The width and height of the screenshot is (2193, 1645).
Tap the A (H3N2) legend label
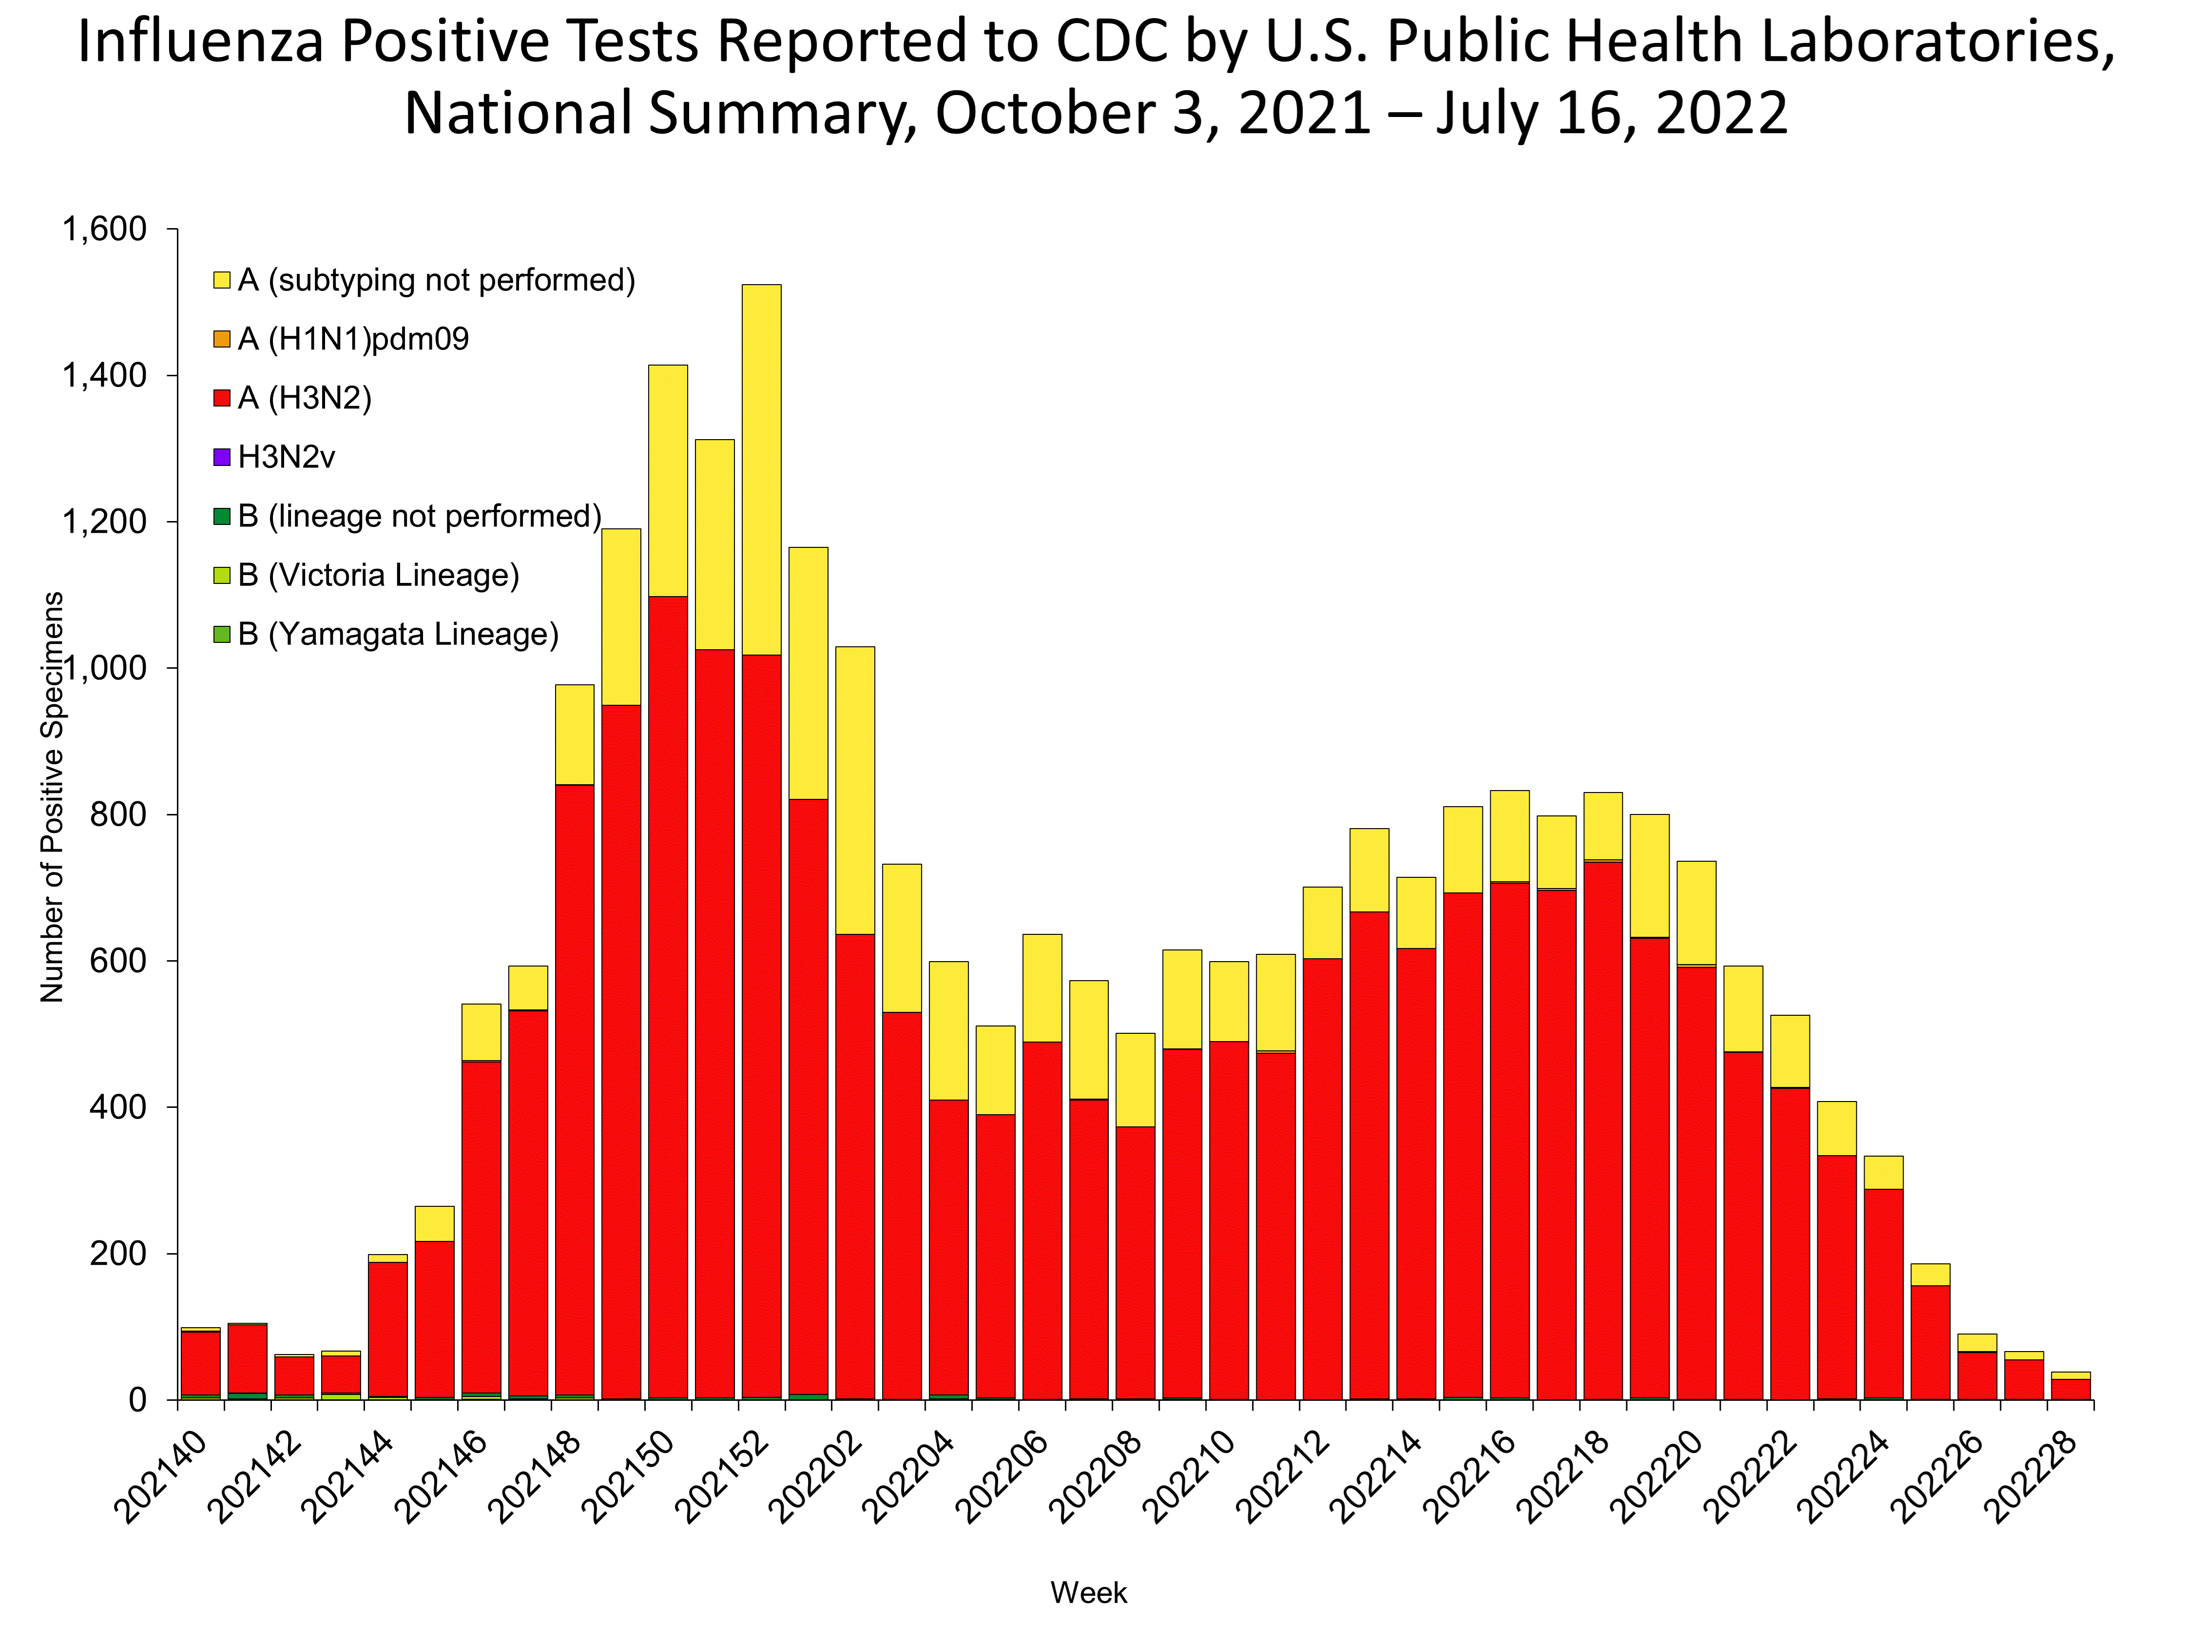pos(305,399)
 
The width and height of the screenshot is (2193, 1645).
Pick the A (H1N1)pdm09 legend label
pos(353,340)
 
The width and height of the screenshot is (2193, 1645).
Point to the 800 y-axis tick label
pos(118,815)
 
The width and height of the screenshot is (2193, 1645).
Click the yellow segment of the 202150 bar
pos(667,481)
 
